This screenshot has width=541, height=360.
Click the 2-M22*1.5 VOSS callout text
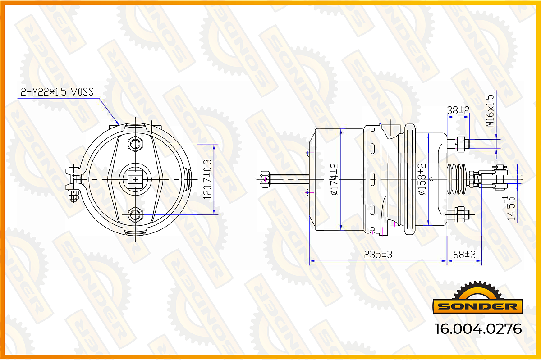pyautogui.click(x=57, y=92)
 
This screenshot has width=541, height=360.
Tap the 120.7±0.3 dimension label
pyautogui.click(x=207, y=179)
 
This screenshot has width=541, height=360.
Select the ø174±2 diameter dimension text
pyautogui.click(x=335, y=179)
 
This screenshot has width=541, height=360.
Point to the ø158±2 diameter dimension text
pyautogui.click(x=422, y=179)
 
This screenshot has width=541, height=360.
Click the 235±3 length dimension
pyautogui.click(x=378, y=254)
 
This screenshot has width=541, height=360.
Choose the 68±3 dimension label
pyautogui.click(x=464, y=254)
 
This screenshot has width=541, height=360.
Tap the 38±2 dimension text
pyautogui.click(x=458, y=110)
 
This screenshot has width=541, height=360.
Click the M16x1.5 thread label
pyautogui.click(x=490, y=110)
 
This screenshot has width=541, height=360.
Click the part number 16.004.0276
pyautogui.click(x=478, y=329)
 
